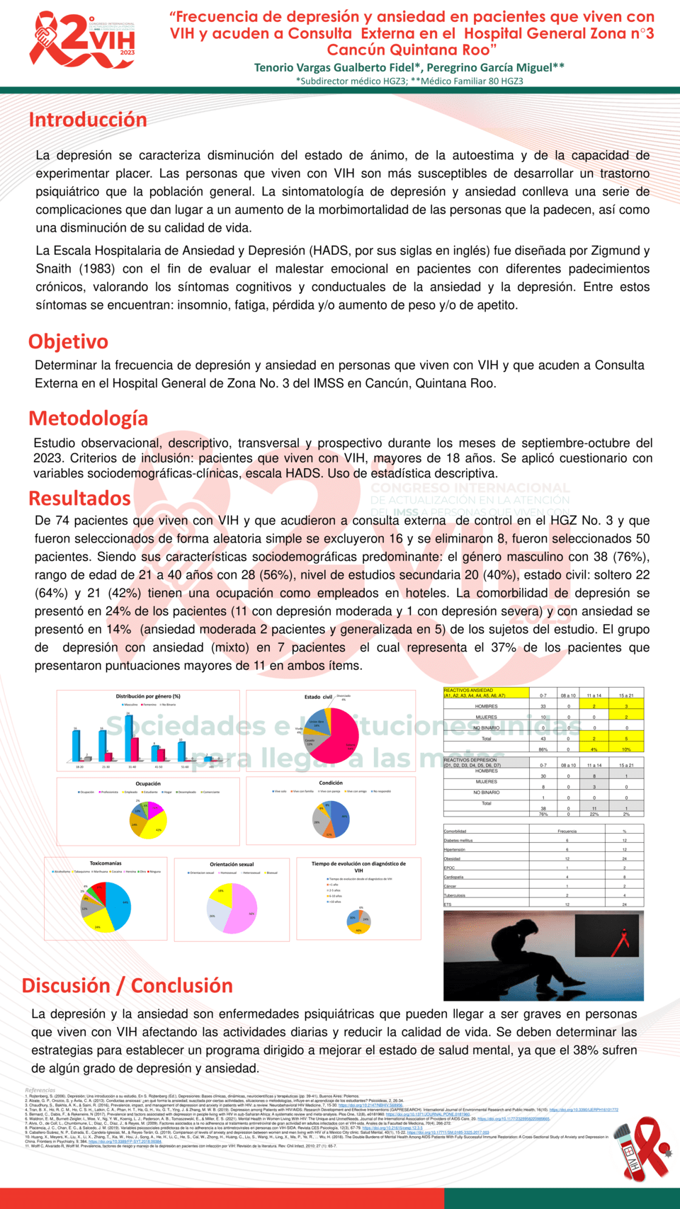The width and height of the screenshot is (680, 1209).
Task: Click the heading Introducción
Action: click(x=88, y=120)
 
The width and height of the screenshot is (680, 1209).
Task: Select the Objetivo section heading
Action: click(x=68, y=341)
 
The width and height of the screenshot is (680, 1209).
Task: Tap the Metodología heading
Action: click(x=88, y=418)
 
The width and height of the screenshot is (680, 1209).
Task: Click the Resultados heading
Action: click(x=79, y=498)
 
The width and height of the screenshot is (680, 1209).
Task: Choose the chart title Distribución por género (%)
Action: click(x=148, y=696)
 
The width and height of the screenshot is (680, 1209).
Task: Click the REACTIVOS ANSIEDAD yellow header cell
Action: click(x=486, y=693)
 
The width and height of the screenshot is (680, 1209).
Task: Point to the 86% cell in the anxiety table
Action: click(x=543, y=749)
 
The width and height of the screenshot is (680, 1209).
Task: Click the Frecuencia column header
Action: click(x=567, y=831)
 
